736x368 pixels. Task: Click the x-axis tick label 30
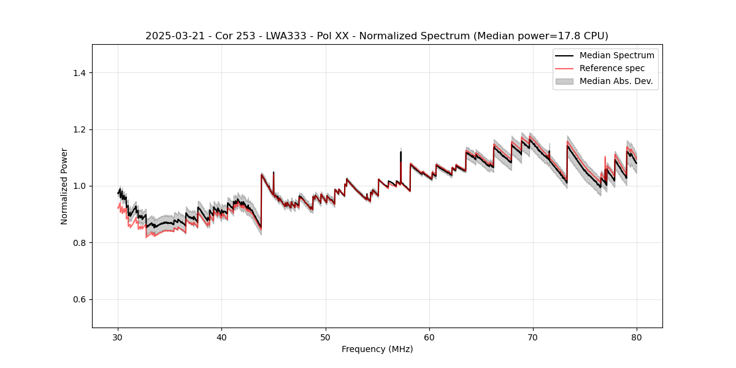pyautogui.click(x=118, y=337)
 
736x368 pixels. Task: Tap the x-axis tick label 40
pyautogui.click(x=222, y=337)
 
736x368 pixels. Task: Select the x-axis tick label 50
pyautogui.click(x=326, y=337)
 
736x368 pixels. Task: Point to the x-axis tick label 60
pyautogui.click(x=429, y=337)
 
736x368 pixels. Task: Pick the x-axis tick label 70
pyautogui.click(x=533, y=337)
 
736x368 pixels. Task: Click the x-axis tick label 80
pyautogui.click(x=637, y=337)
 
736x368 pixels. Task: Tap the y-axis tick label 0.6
pyautogui.click(x=79, y=299)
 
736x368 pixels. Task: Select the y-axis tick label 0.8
pyautogui.click(x=79, y=243)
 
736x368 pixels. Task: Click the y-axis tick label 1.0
pyautogui.click(x=79, y=186)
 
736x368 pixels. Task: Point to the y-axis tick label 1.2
pyautogui.click(x=79, y=129)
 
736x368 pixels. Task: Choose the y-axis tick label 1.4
pyautogui.click(x=79, y=73)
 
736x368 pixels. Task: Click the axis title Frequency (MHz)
pyautogui.click(x=377, y=349)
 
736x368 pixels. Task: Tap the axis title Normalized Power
pyautogui.click(x=64, y=186)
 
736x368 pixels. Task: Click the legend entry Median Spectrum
pyautogui.click(x=616, y=55)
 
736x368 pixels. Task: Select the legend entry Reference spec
pyautogui.click(x=611, y=68)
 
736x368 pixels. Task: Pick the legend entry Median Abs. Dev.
pyautogui.click(x=616, y=81)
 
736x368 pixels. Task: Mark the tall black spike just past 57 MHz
pyautogui.click(x=401, y=156)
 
